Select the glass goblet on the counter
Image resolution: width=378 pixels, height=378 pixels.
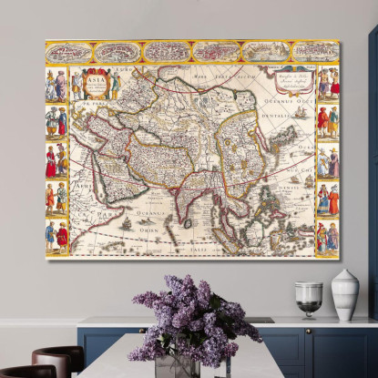(x=309, y=298)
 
